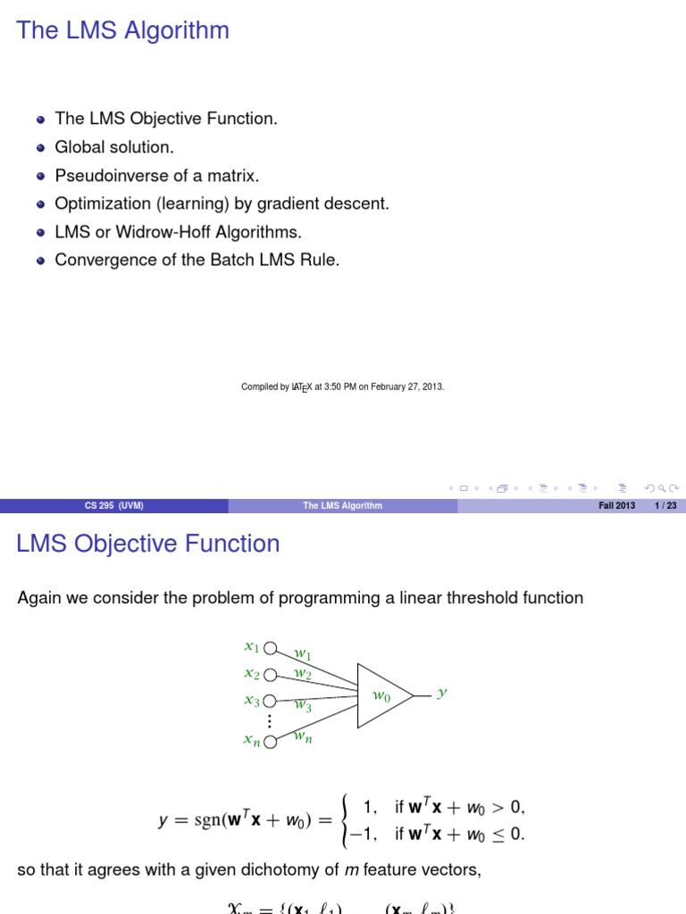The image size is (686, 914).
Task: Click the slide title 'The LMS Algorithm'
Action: [123, 30]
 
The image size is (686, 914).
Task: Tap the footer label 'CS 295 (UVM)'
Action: [113, 506]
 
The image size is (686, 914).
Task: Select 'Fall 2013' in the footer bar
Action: [616, 506]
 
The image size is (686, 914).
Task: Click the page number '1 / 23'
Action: [665, 506]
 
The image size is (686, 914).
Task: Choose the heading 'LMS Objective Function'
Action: [148, 544]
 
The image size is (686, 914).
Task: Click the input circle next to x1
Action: [272, 648]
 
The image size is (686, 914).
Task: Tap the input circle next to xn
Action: [272, 738]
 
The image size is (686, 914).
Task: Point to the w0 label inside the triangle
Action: [381, 694]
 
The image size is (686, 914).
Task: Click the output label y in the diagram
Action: [440, 692]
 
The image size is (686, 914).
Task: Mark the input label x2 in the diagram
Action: [252, 674]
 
